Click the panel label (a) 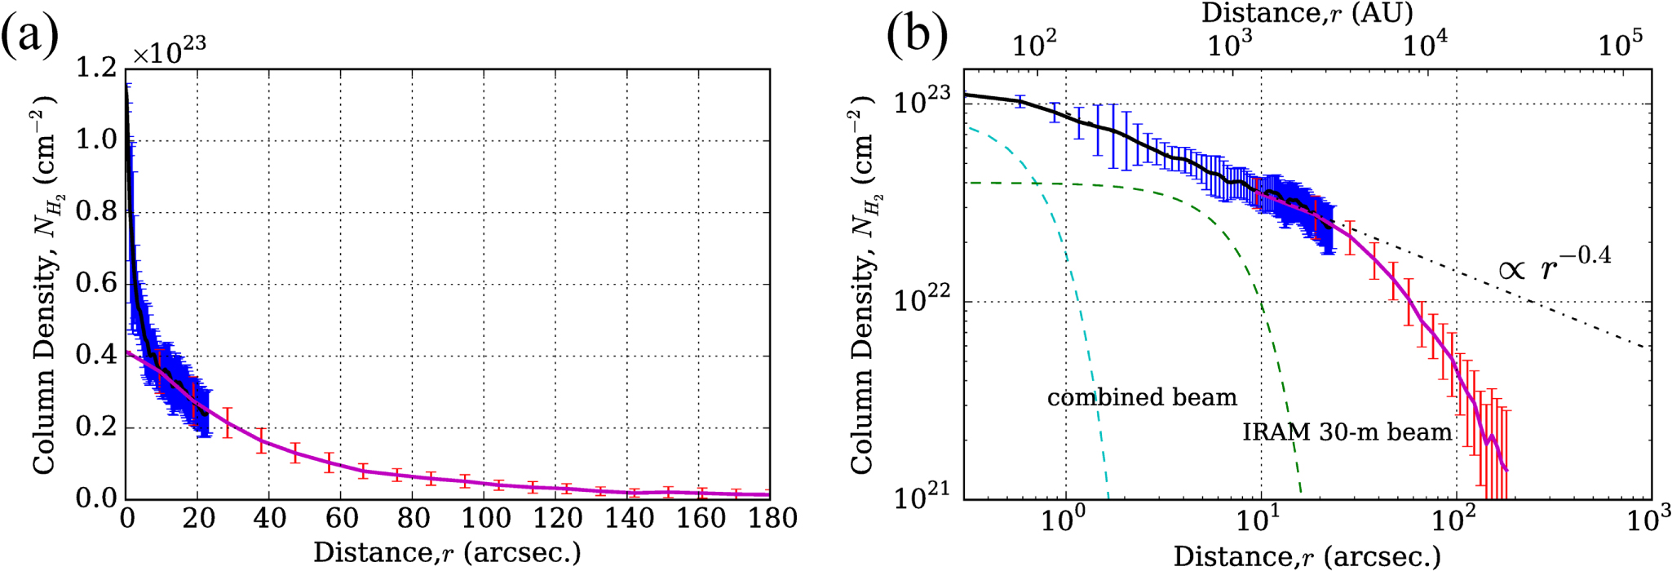click(30, 37)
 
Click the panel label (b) click(917, 37)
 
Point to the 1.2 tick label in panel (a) click(96, 69)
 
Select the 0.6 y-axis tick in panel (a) click(96, 284)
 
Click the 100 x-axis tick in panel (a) click(484, 518)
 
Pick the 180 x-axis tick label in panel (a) click(770, 518)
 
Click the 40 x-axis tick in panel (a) click(269, 518)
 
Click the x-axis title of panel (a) click(447, 552)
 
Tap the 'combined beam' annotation click(1142, 398)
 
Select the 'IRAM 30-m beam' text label click(1347, 432)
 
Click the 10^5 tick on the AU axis click(1620, 45)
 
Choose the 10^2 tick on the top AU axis click(1034, 45)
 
